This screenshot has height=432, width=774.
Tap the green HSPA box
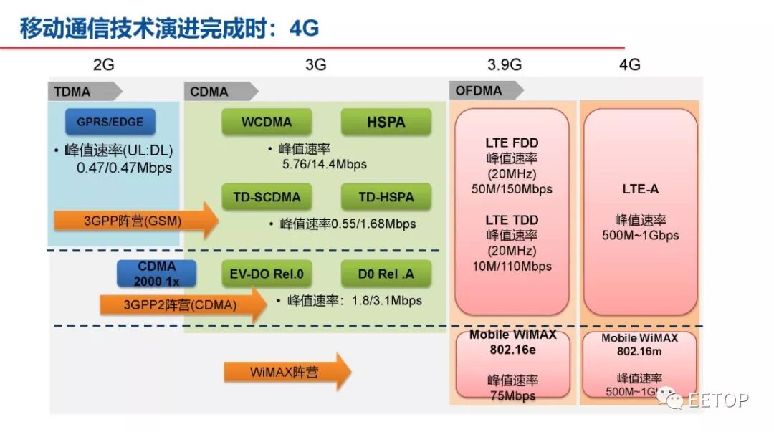pos(386,122)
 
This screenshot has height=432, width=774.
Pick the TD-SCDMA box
pos(267,196)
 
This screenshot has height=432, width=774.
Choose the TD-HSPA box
pos(386,196)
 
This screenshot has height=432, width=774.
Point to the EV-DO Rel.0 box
pos(267,274)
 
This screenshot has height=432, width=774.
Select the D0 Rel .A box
pos(386,274)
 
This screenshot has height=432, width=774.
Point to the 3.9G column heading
pos(505,65)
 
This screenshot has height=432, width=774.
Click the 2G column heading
pos(103,65)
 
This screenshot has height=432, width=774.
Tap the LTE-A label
pos(640,190)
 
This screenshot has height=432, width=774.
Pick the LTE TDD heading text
pos(512,220)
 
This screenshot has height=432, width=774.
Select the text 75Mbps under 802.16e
pos(512,395)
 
